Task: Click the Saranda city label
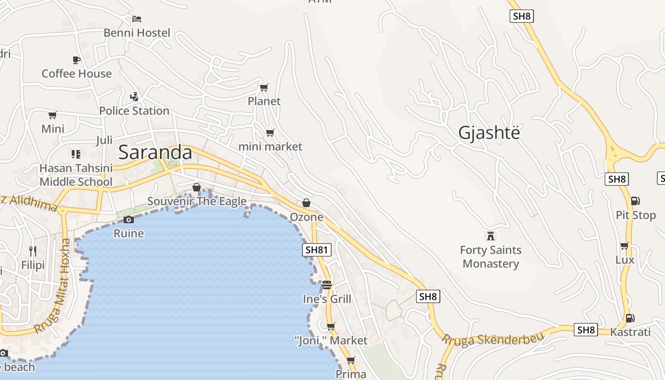pos(155,152)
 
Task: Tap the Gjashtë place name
pos(489,133)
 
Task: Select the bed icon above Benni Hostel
pos(137,19)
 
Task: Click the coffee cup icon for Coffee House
pos(76,60)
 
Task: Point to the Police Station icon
pos(134,97)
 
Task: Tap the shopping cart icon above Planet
pos(264,87)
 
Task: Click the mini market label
pos(270,146)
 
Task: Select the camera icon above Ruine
pos(129,219)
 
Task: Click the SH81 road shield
pos(317,250)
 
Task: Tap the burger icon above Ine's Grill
pos(327,285)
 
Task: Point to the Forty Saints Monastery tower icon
pos(491,236)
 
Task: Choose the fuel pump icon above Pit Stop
pos(636,201)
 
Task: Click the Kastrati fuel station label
pos(630,332)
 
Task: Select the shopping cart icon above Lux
pos(625,246)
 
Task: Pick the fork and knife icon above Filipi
pos(33,251)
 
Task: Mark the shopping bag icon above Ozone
pos(306,203)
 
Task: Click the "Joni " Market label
pos(331,341)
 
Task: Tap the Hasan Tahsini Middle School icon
pos(76,154)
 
